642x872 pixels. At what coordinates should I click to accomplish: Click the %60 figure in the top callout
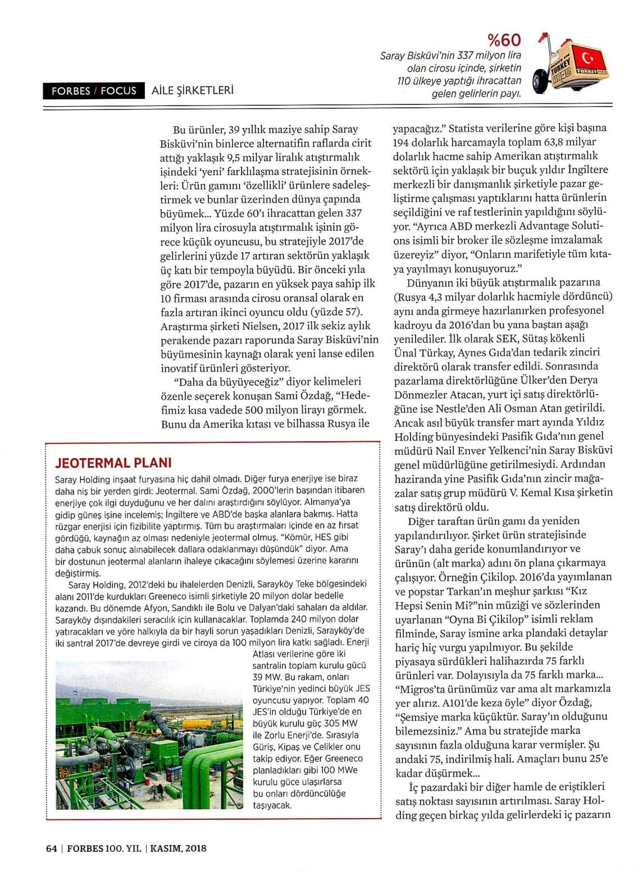(x=504, y=40)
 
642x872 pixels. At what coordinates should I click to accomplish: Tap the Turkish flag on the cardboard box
(x=591, y=58)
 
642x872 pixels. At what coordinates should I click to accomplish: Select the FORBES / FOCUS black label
(x=93, y=91)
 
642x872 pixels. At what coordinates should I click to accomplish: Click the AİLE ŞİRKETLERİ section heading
(x=192, y=90)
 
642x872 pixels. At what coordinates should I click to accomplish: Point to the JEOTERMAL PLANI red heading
(x=113, y=463)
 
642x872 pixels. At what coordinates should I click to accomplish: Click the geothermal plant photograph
(x=149, y=735)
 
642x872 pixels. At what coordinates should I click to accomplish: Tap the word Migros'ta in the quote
(x=418, y=688)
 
